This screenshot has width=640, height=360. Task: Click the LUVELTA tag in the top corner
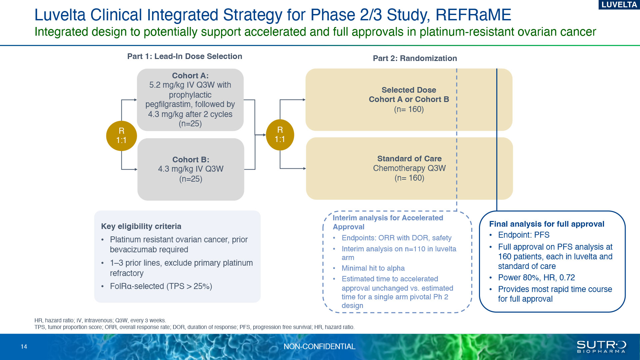click(x=619, y=5)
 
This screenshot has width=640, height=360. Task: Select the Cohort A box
click(x=190, y=100)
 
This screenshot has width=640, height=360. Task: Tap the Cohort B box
click(x=191, y=169)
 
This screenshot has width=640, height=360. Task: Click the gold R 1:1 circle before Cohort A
click(x=121, y=136)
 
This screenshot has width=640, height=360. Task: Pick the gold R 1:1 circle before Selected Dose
click(x=280, y=135)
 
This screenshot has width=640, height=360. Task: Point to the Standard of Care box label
click(x=409, y=159)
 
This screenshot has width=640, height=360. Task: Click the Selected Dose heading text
click(x=409, y=90)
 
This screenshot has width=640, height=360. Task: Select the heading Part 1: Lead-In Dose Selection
click(x=185, y=56)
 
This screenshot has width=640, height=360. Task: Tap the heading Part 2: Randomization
click(x=415, y=58)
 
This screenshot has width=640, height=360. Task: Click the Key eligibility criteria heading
click(x=141, y=226)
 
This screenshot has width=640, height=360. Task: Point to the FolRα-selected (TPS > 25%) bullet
click(x=161, y=286)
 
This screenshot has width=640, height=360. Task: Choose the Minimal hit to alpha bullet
click(x=373, y=268)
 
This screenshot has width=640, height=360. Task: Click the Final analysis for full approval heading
click(x=547, y=224)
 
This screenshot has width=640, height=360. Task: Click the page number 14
click(x=24, y=347)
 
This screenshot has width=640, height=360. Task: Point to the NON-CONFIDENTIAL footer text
click(x=319, y=347)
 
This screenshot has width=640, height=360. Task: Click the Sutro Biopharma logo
click(x=601, y=347)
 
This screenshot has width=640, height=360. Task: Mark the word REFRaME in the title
click(x=473, y=15)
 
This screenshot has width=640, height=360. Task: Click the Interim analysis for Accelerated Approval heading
click(x=388, y=222)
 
